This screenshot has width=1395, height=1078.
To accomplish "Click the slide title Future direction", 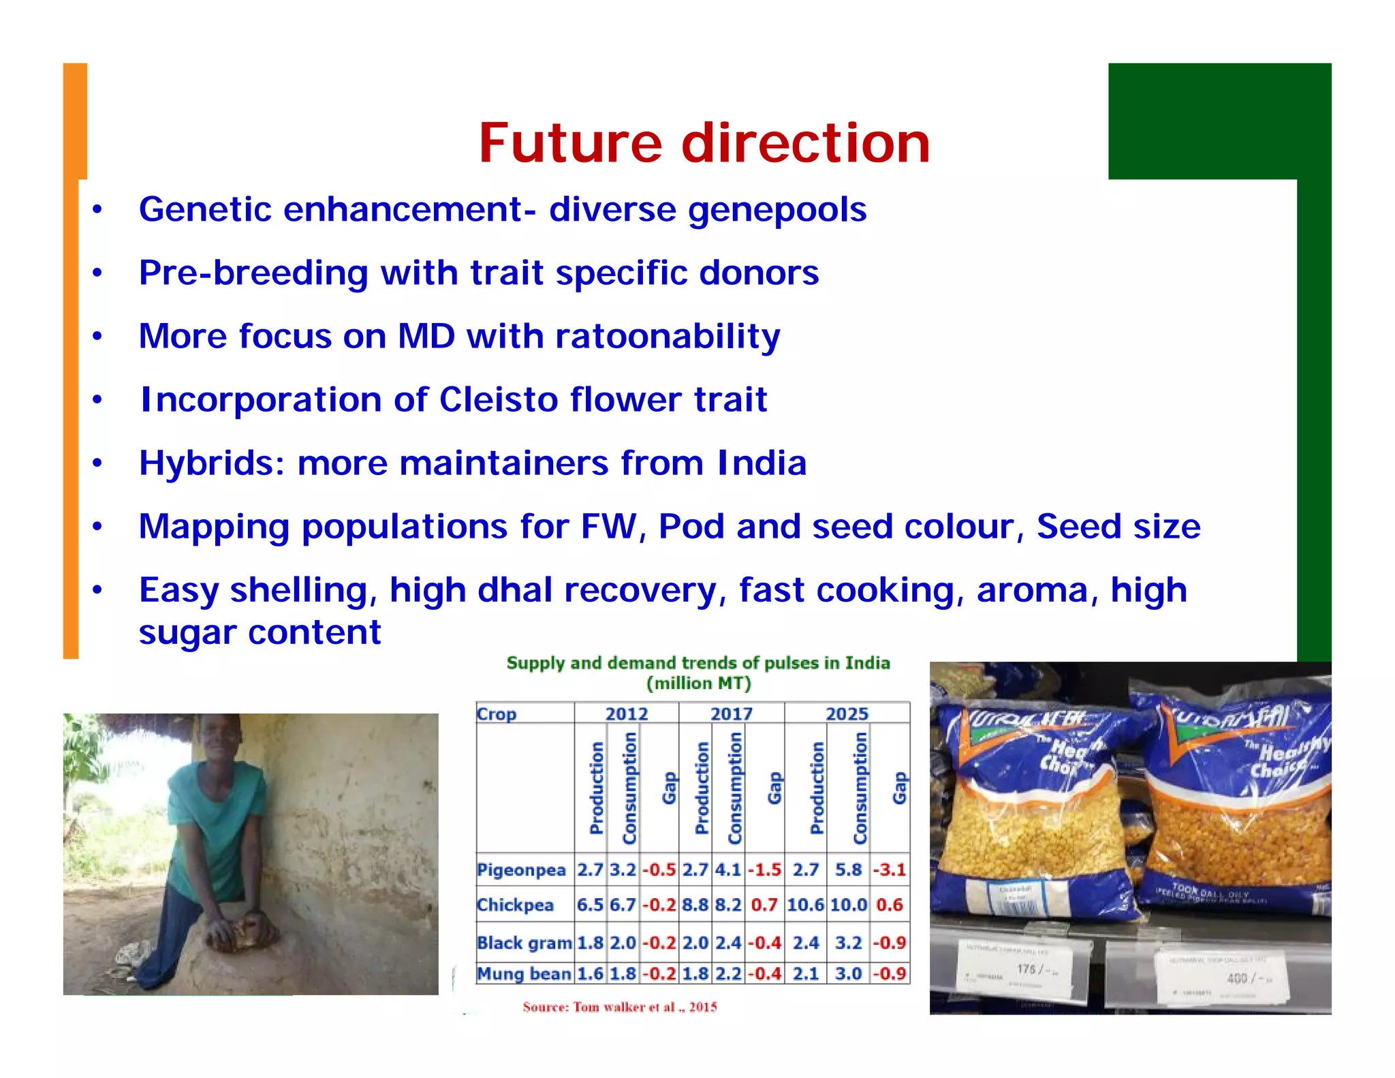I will (704, 143).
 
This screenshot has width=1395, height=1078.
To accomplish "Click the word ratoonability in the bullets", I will (668, 337).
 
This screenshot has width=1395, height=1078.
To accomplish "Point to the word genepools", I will (777, 210).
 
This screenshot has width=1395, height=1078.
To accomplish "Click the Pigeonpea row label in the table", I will (521, 870).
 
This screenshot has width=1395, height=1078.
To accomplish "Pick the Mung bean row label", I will (523, 974).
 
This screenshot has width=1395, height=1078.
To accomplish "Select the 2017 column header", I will (731, 713).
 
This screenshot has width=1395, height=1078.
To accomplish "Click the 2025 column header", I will (847, 713).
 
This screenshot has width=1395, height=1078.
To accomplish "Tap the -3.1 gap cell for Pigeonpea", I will (890, 870).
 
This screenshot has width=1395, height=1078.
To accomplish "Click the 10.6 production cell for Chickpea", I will (805, 905).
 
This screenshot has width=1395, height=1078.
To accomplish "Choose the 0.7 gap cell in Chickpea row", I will (764, 905).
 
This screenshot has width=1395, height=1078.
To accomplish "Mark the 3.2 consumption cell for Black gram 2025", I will (848, 943).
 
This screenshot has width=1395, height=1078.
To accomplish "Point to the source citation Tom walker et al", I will (620, 1007).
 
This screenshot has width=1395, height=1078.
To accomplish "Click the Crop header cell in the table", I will (497, 713).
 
